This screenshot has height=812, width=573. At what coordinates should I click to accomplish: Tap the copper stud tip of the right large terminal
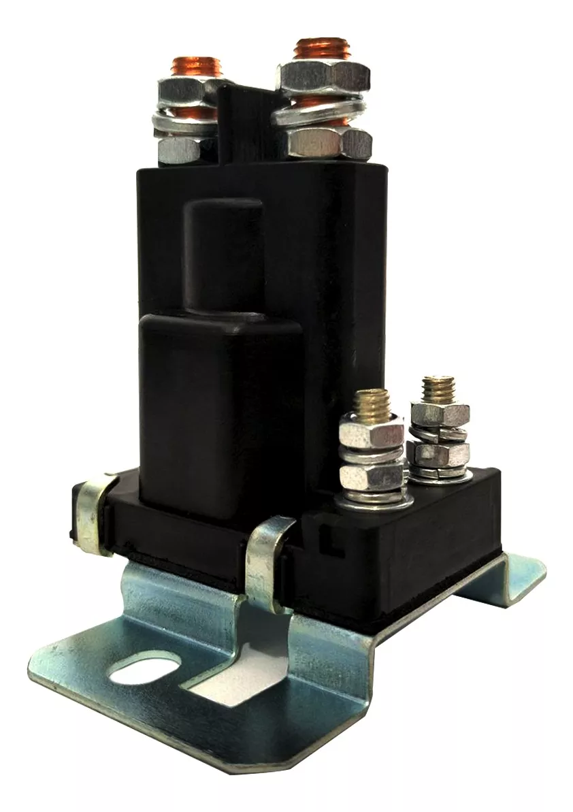coord(321,52)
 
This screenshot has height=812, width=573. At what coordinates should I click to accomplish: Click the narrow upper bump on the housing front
coord(224,255)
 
